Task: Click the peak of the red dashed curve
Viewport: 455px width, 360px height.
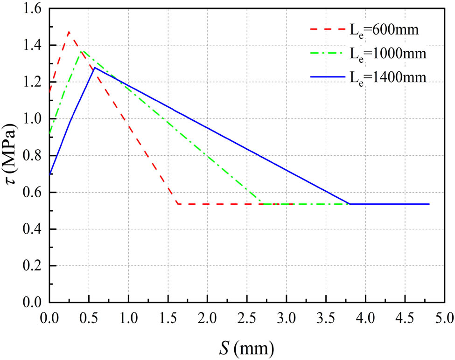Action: click(69, 32)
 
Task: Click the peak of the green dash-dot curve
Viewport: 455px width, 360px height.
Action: click(82, 50)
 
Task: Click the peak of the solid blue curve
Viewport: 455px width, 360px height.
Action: click(95, 68)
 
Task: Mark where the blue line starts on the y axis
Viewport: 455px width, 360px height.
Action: click(49, 174)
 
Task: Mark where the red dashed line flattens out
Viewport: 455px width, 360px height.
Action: click(178, 204)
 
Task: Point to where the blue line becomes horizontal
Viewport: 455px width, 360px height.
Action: click(350, 204)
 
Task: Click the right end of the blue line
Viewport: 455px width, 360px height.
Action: click(428, 204)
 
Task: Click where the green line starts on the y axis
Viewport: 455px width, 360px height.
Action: click(49, 134)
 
